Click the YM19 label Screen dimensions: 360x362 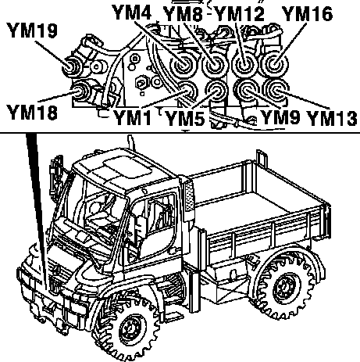[x=33, y=30]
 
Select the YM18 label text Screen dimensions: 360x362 [x=32, y=113]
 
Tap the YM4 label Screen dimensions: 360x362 [x=132, y=12]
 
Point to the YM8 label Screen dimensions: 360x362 [x=183, y=13]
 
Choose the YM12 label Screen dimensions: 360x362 [x=240, y=13]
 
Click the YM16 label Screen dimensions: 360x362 [x=308, y=13]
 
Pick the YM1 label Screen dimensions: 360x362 [x=133, y=117]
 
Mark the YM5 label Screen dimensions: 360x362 [x=185, y=118]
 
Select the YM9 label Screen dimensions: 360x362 [x=280, y=116]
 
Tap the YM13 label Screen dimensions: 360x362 [x=332, y=118]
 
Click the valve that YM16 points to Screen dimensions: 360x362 [x=274, y=64]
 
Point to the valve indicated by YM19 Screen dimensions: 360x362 [x=71, y=66]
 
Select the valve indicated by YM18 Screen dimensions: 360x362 [x=80, y=91]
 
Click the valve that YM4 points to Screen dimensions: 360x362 [x=183, y=64]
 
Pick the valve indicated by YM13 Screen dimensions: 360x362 [x=276, y=91]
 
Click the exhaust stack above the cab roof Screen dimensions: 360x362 [x=131, y=143]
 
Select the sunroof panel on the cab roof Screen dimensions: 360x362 [x=127, y=167]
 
